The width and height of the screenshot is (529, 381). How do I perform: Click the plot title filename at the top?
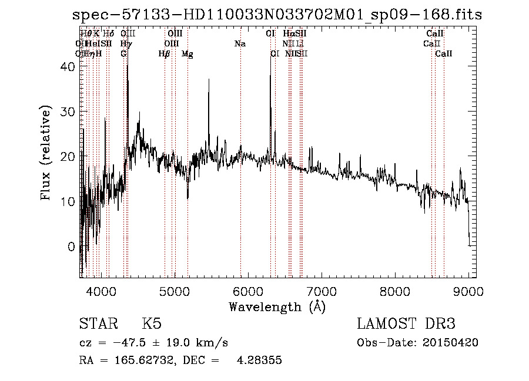(277, 15)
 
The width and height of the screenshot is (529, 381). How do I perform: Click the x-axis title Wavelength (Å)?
(277, 306)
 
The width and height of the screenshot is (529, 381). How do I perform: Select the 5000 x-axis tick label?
(175, 291)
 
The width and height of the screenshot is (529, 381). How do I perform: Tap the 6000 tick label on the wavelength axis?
(248, 291)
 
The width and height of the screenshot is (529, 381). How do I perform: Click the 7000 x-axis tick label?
(322, 291)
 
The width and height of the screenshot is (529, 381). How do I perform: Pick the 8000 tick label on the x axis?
(395, 291)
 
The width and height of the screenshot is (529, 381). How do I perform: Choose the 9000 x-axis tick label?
(468, 291)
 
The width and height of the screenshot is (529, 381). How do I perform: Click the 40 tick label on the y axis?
(68, 67)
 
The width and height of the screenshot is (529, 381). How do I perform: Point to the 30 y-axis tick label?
(68, 112)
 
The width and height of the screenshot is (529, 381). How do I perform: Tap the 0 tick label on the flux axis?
(72, 247)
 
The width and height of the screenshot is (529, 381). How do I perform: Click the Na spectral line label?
(240, 44)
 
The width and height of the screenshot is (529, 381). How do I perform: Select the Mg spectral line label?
(188, 54)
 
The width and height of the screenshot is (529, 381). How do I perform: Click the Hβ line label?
(165, 54)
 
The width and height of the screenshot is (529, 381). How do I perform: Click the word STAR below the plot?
(98, 324)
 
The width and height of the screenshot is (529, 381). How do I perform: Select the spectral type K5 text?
(152, 324)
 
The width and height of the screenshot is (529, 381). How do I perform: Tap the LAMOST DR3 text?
(406, 324)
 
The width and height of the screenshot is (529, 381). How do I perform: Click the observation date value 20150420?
(452, 343)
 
